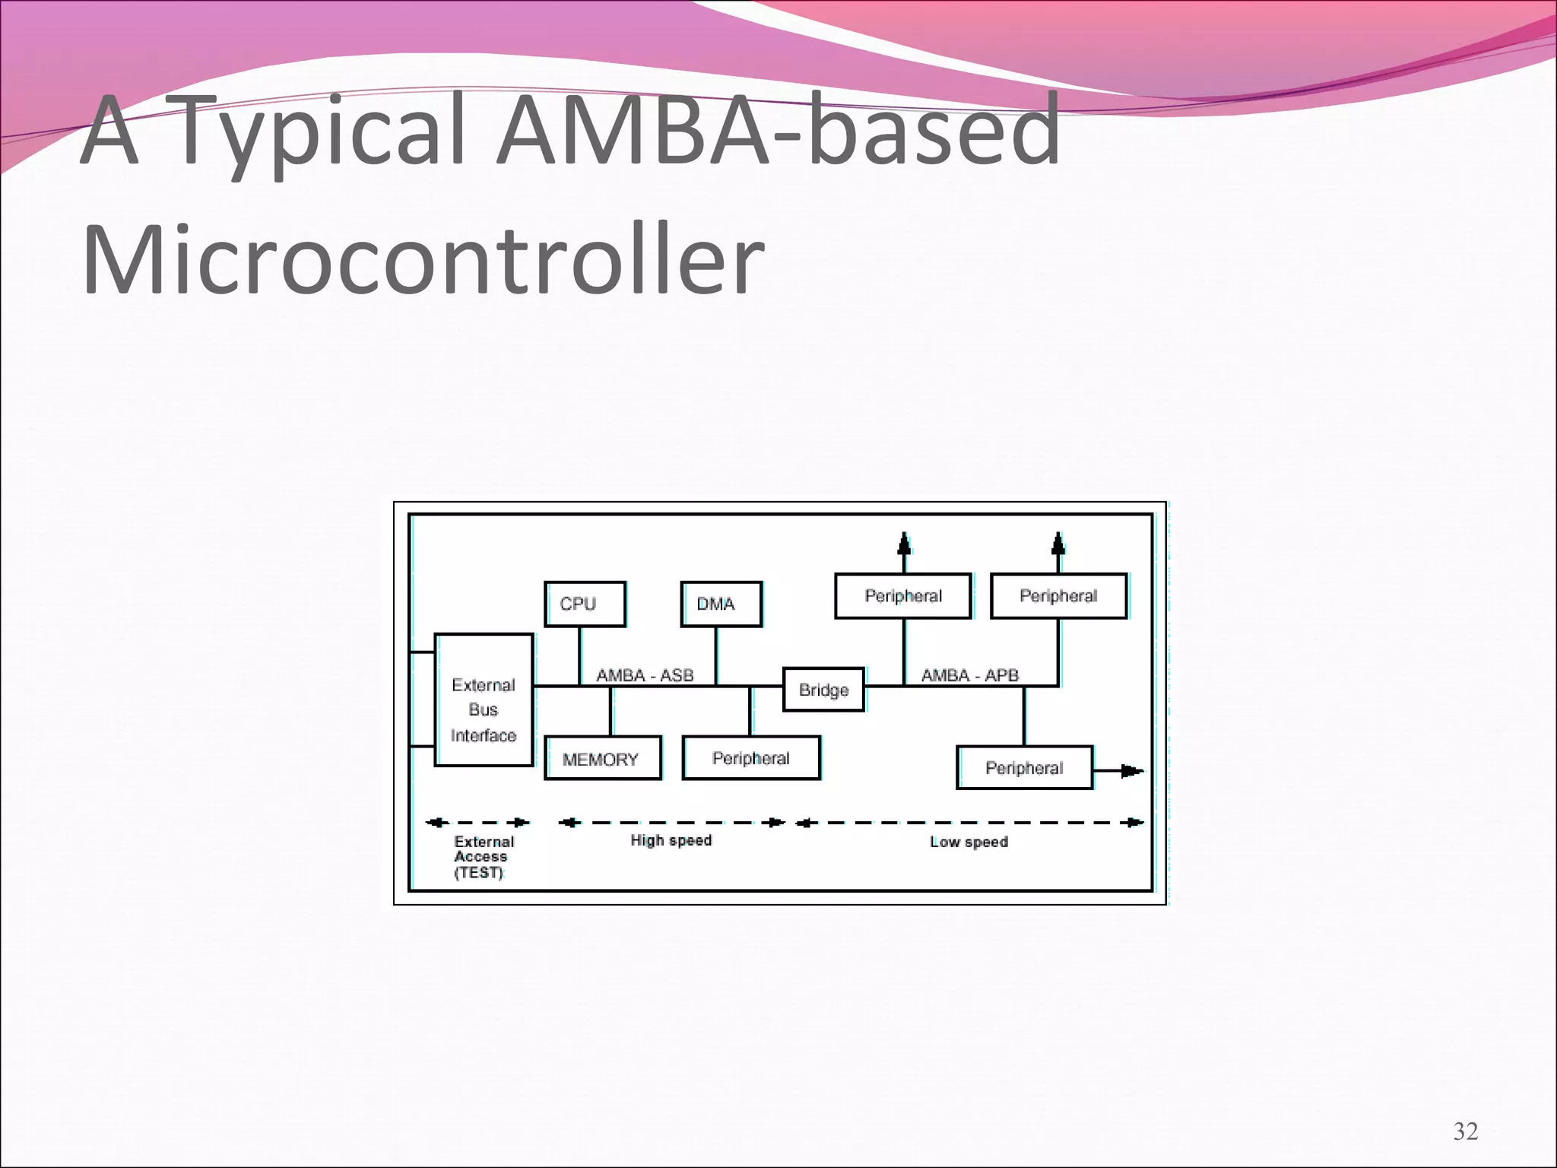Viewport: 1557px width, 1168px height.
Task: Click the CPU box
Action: [585, 604]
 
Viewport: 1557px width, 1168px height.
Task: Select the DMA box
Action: [721, 604]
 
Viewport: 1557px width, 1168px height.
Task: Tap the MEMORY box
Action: [602, 758]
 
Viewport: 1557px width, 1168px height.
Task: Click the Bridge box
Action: [823, 690]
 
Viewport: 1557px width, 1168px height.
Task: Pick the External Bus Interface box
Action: [484, 700]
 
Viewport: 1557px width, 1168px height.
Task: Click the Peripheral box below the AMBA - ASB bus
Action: [751, 758]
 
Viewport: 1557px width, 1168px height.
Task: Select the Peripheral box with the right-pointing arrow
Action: [1024, 768]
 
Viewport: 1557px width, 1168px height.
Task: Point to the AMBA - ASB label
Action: [645, 675]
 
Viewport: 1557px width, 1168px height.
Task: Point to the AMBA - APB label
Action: [969, 675]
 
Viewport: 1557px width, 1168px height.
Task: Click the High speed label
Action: [671, 840]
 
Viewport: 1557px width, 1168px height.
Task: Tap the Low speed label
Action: [969, 842]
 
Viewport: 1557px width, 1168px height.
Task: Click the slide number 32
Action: [1465, 1131]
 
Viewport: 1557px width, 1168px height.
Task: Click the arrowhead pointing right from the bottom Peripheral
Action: [1132, 771]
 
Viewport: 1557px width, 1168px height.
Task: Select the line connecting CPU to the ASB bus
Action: [580, 655]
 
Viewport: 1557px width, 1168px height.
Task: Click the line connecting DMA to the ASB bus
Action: [716, 655]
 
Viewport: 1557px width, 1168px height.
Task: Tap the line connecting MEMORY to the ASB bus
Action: [610, 711]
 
